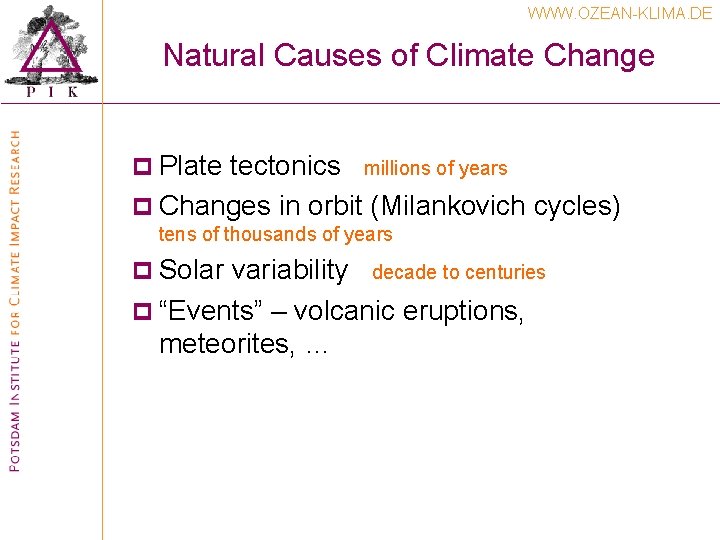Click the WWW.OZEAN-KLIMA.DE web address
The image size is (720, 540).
tap(620, 14)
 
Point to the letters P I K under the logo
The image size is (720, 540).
tap(50, 92)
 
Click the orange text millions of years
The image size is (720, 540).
tap(435, 169)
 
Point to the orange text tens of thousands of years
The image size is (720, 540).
tap(275, 235)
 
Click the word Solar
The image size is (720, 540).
tap(191, 269)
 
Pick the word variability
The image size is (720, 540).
tap(290, 270)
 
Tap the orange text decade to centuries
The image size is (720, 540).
tap(458, 272)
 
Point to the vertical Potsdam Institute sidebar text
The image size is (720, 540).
tap(14, 300)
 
